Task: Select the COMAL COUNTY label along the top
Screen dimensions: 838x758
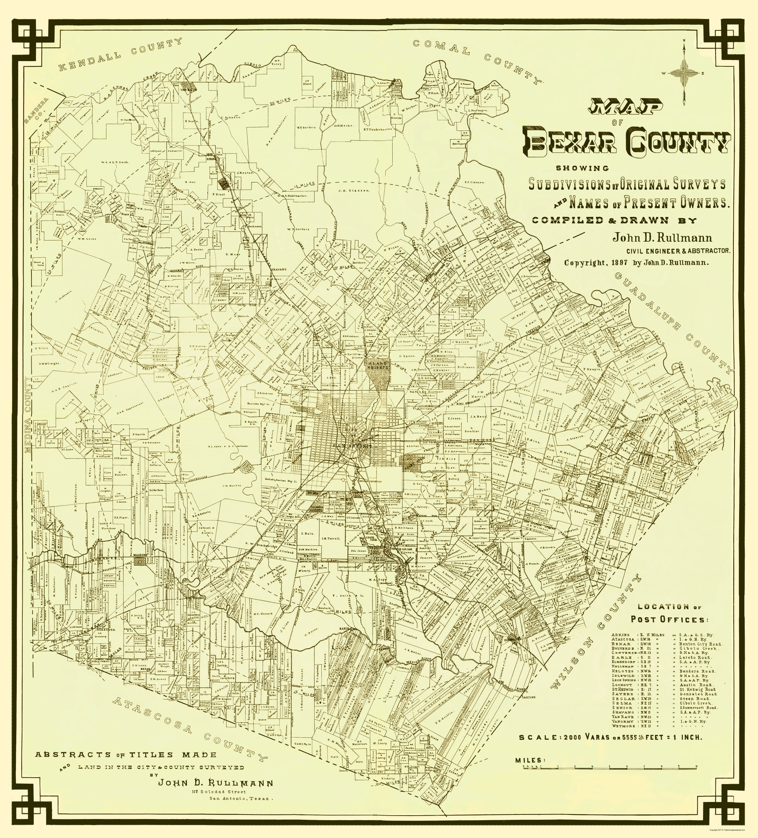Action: coord(478,61)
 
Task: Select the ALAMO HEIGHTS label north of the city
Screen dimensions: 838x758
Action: coord(378,365)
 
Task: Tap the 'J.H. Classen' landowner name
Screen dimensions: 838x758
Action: coord(348,191)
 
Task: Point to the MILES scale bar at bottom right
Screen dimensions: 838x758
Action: coord(611,766)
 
